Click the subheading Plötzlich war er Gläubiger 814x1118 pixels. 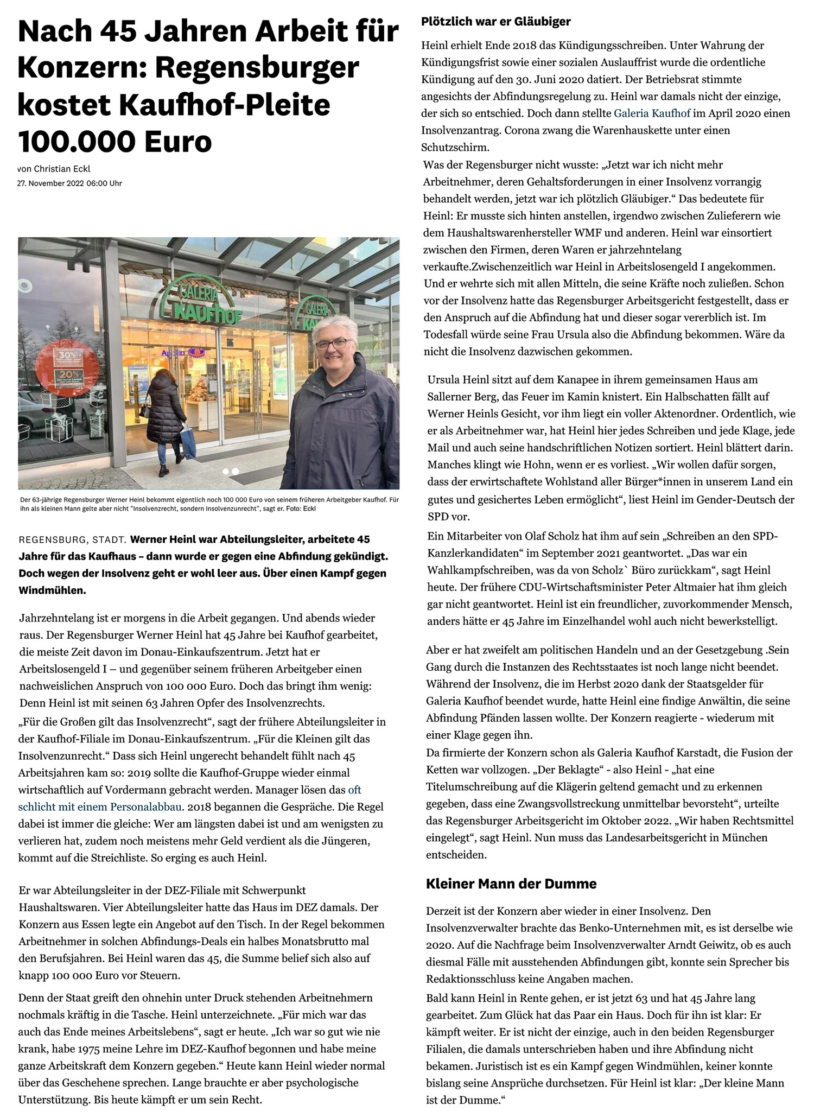tap(495, 22)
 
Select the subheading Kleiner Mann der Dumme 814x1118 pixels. tap(511, 884)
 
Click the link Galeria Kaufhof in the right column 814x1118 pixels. tap(652, 113)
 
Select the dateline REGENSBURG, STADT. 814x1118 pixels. tap(73, 541)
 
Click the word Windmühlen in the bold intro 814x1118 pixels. tap(52, 590)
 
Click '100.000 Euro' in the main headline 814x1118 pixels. tap(115, 141)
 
